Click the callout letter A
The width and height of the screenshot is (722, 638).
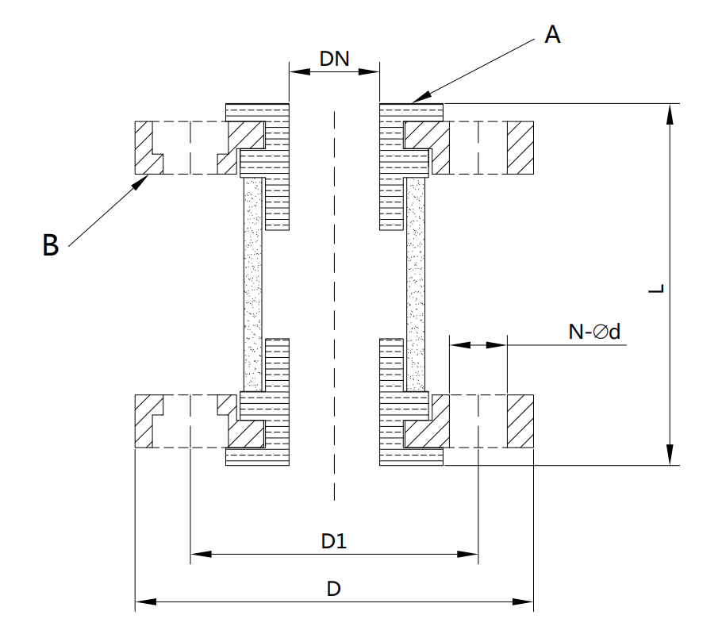click(x=552, y=35)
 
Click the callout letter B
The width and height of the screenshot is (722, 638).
click(x=51, y=245)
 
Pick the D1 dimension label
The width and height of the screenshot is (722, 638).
click(x=333, y=541)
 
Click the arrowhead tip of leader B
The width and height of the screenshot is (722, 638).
click(x=150, y=176)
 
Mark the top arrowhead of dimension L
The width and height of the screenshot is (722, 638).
click(x=671, y=106)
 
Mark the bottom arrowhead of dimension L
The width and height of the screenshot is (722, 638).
click(x=671, y=463)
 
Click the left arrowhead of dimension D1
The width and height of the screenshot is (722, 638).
click(x=193, y=554)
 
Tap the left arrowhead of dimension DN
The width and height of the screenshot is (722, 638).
click(x=290, y=71)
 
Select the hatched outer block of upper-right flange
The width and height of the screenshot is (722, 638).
click(x=520, y=148)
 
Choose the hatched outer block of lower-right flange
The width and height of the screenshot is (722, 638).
click(x=520, y=421)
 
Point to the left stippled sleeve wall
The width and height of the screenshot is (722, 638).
click(x=252, y=286)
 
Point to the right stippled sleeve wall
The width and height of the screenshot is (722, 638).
click(x=416, y=286)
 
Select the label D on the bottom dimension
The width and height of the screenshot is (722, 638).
click(x=334, y=590)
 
